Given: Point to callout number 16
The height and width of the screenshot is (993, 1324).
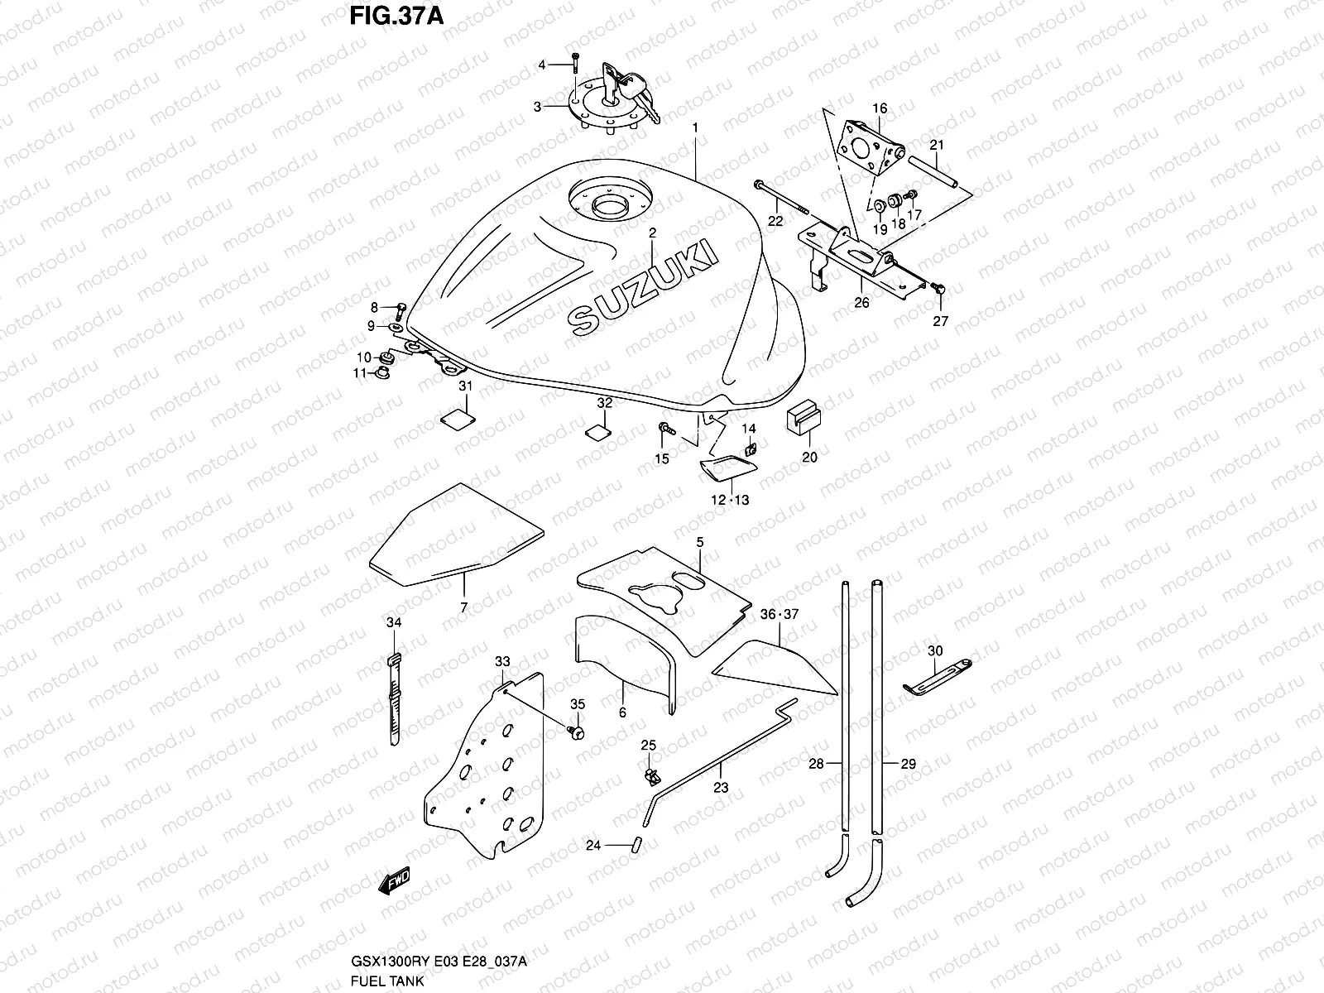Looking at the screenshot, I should (879, 108).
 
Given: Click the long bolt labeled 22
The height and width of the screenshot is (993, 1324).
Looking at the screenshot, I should (782, 200).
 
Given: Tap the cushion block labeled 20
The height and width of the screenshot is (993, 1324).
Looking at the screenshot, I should (802, 417).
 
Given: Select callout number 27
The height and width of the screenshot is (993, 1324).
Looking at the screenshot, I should (941, 322).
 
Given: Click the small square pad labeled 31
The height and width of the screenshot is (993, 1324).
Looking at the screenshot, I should (454, 418).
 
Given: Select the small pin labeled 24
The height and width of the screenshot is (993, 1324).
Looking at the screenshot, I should (638, 845).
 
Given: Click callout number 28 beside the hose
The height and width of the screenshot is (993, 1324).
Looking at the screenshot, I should (816, 765).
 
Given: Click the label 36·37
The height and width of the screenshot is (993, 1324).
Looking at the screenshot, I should (780, 614).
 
